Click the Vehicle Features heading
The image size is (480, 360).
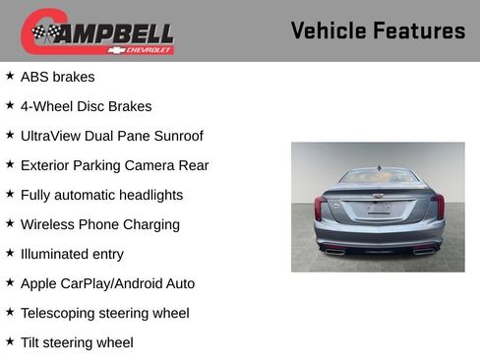[378, 30]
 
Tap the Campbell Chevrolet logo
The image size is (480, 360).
[97, 32]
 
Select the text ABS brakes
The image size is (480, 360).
[57, 77]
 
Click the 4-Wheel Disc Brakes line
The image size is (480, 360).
[86, 106]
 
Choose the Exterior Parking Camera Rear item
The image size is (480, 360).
[114, 165]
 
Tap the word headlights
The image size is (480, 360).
[148, 195]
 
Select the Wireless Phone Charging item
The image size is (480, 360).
[99, 224]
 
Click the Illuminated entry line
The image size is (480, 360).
[72, 254]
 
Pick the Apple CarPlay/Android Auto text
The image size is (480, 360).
[107, 283]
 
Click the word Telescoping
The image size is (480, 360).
[60, 313]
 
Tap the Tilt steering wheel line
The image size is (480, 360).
[77, 342]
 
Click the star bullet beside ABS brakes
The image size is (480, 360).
[10, 76]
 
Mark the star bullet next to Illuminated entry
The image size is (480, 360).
[10, 253]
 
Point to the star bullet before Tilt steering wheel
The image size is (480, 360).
[10, 341]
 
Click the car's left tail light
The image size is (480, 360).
[321, 208]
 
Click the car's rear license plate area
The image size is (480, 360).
[379, 209]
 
